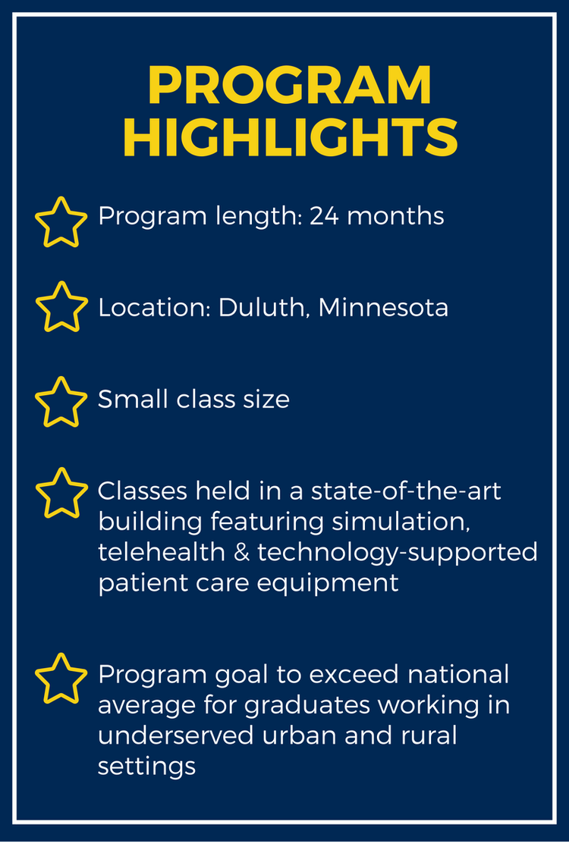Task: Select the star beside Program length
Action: (x=61, y=222)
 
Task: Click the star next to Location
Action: (x=61, y=307)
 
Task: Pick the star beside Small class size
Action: (x=61, y=401)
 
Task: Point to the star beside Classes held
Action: (x=61, y=493)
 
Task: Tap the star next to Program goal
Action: (x=61, y=678)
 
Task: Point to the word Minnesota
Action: (x=383, y=308)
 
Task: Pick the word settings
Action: (x=146, y=767)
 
